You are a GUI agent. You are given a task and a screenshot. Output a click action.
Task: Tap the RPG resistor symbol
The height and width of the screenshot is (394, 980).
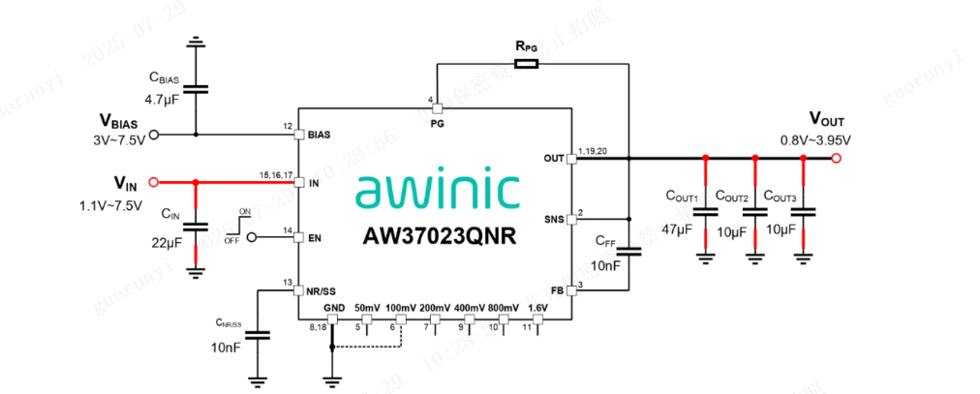(x=525, y=65)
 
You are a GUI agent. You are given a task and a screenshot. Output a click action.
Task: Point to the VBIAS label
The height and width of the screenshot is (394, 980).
(x=119, y=122)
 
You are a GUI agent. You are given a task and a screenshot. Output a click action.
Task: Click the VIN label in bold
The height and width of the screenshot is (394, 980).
(x=126, y=183)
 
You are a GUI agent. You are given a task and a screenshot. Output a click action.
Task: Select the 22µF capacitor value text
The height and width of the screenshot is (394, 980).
(x=165, y=241)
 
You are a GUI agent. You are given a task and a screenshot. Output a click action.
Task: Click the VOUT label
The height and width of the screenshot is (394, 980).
(x=826, y=122)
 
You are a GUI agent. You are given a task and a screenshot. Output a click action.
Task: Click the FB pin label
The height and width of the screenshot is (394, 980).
(x=557, y=288)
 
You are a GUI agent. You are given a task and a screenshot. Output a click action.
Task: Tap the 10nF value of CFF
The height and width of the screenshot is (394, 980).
(x=606, y=265)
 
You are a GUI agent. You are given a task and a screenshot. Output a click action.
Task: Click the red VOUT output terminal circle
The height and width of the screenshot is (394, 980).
(x=837, y=158)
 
